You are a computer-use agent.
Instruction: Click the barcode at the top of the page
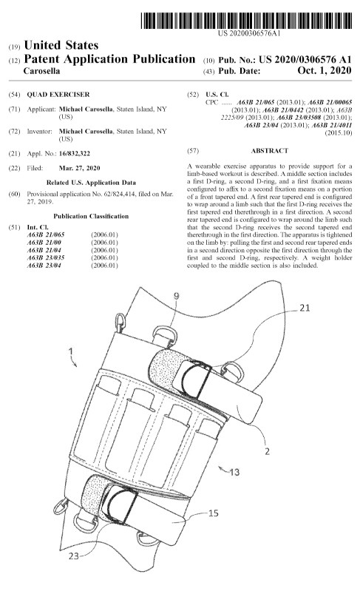coord(246,21)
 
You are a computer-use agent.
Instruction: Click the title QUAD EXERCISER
coord(58,95)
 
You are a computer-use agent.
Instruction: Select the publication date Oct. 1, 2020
coord(325,70)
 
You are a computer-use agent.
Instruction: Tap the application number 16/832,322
coord(75,154)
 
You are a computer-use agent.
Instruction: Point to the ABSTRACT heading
coord(270,151)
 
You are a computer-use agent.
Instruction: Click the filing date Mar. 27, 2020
coord(79,169)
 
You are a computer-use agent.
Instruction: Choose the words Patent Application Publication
coord(109,59)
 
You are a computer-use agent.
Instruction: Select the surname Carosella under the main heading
coord(42,71)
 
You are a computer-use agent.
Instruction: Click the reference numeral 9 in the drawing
coord(176,296)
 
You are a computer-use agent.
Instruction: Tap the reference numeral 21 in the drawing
coord(305,308)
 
